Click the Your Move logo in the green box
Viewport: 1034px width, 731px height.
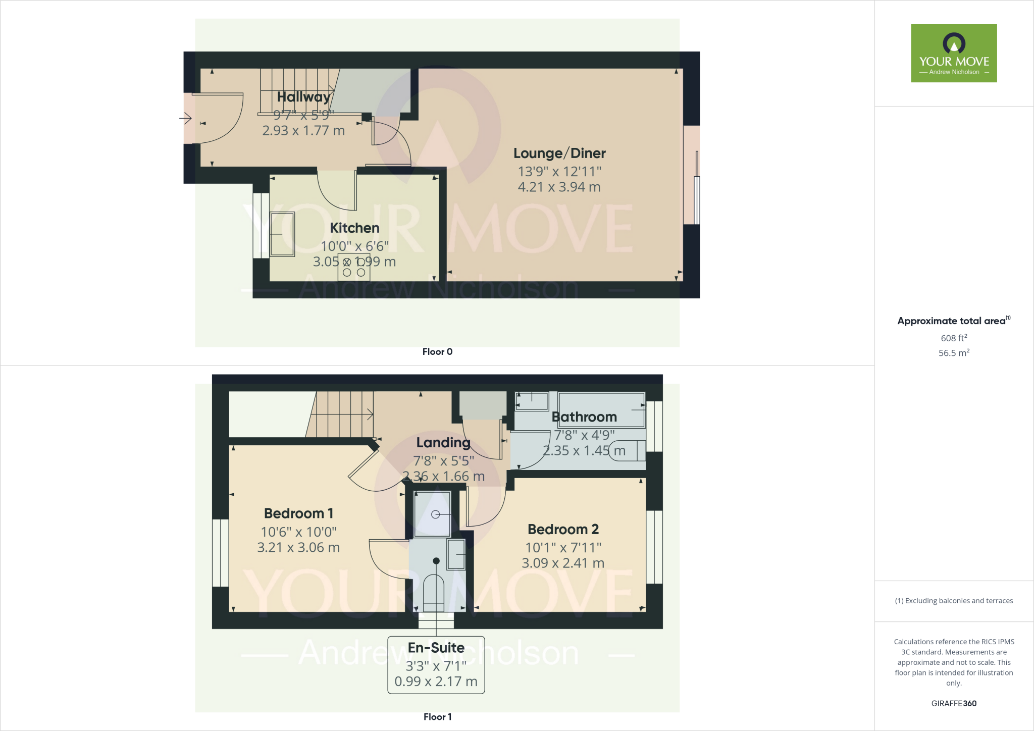(954, 53)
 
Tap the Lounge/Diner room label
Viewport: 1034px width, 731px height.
(559, 153)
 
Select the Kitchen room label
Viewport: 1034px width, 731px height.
(354, 228)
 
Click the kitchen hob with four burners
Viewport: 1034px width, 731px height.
(354, 267)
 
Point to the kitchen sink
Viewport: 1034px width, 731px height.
(282, 234)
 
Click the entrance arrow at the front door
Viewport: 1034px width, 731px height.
(185, 119)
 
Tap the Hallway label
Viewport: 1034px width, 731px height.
(303, 96)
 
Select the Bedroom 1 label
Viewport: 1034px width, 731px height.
(298, 513)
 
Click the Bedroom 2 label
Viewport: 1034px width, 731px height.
(563, 529)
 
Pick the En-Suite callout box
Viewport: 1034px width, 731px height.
(436, 664)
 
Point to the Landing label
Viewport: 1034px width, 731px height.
(443, 443)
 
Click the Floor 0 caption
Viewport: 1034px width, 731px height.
(437, 352)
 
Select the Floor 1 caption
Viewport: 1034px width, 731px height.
(437, 717)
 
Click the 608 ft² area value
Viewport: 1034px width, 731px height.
(954, 338)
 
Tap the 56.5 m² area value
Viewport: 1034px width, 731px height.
(954, 353)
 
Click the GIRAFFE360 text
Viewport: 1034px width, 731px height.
(954, 703)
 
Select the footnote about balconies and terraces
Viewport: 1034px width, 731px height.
(954, 601)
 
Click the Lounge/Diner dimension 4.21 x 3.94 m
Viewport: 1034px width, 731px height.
(559, 187)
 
